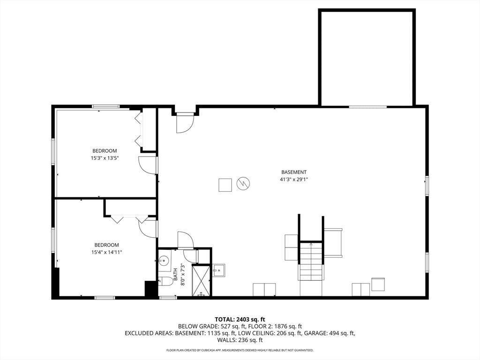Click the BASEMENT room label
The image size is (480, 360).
click(294, 172)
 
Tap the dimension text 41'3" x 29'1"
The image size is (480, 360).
click(294, 179)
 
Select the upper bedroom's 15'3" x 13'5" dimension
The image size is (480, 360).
click(105, 157)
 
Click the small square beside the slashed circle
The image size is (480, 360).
click(225, 185)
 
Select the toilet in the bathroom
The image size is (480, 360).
click(165, 281)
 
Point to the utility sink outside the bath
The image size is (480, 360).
click(218, 270)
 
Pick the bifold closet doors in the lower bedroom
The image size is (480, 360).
click(129, 218)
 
